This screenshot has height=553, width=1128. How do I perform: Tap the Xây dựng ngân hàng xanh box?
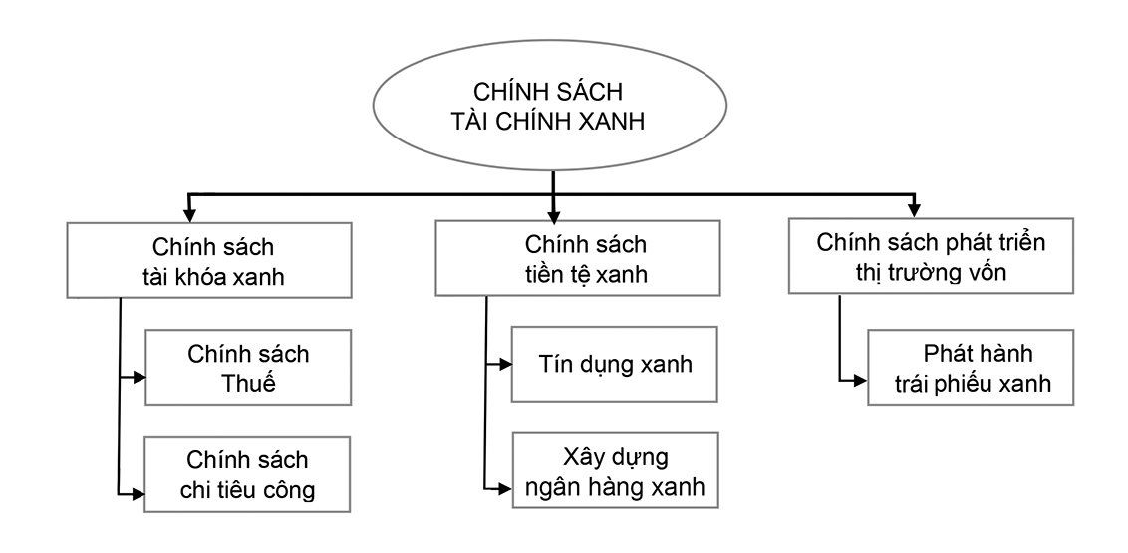click(614, 471)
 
